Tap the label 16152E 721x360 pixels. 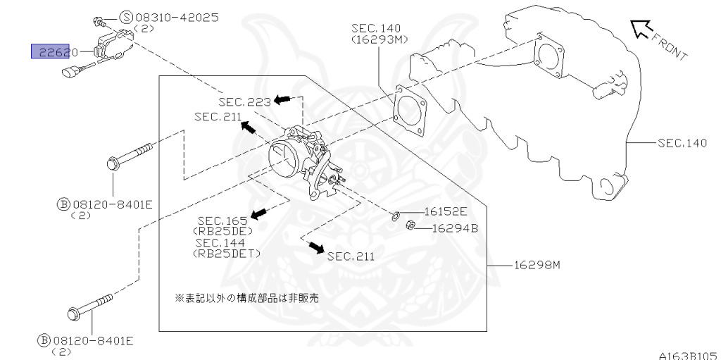[445, 211]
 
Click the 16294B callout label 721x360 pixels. [454, 228]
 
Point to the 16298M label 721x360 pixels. [536, 265]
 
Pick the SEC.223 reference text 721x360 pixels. [244, 102]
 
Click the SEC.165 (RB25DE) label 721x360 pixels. [222, 225]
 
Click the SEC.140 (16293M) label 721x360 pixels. [379, 34]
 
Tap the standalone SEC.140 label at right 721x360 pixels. [682, 143]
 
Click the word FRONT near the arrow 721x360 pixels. [668, 46]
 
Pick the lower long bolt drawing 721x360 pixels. [91, 305]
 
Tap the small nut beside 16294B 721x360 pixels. [411, 226]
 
